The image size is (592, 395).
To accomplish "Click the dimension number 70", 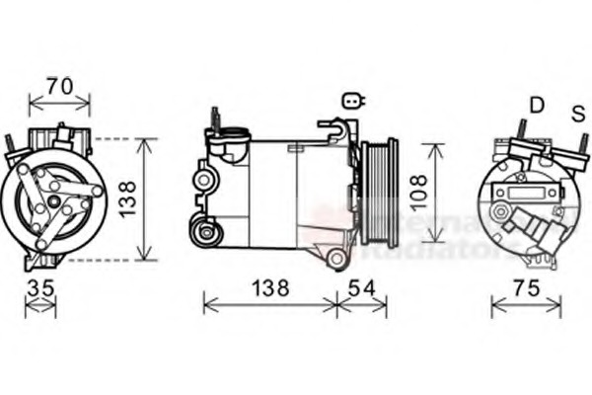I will click(59, 86).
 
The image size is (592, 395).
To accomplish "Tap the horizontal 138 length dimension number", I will click(268, 288).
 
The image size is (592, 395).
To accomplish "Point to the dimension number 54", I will click(361, 288).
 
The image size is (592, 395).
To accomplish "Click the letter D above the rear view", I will click(537, 105).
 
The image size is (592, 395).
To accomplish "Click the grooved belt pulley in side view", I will click(379, 194).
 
